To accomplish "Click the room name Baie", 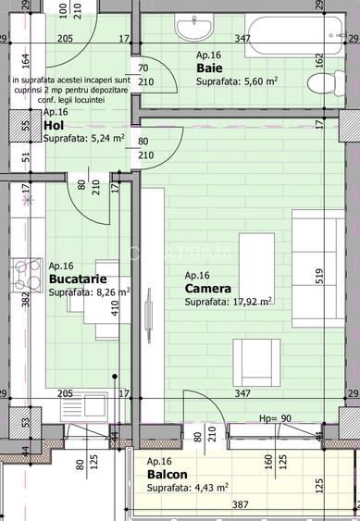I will click(208, 68).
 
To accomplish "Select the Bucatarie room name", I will click(77, 279).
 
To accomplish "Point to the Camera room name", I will click(207, 288).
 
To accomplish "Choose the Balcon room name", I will click(167, 475).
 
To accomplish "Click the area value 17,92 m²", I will click(228, 301).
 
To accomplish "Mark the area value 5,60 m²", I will click(237, 81).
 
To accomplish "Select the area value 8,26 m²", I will click(89, 292).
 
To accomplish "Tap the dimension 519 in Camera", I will click(318, 278).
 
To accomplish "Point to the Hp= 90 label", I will click(275, 419).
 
